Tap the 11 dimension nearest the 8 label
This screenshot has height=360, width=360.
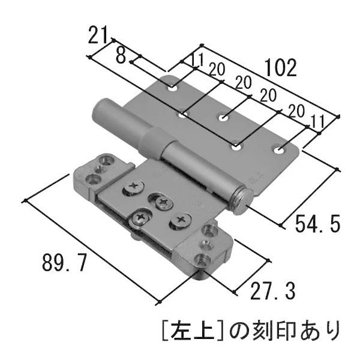coord(197,59)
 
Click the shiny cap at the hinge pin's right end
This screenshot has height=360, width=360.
coord(241,201)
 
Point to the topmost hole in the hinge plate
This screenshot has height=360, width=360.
coord(173,89)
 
